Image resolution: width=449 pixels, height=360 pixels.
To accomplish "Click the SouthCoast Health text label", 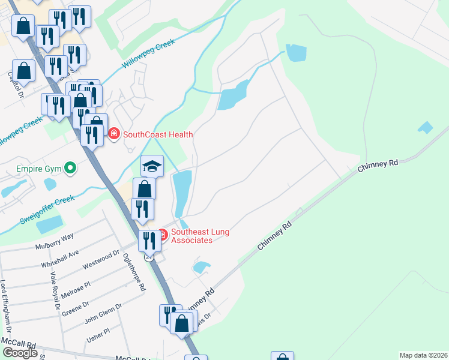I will pos(152,134).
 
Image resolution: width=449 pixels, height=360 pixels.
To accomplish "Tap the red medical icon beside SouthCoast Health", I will pos(114,134).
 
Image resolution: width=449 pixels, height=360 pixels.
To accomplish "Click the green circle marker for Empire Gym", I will pos(70,169).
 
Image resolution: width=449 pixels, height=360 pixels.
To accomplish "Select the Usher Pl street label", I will pos(98,334).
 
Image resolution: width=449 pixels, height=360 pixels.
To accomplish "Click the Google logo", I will pos(20,352).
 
